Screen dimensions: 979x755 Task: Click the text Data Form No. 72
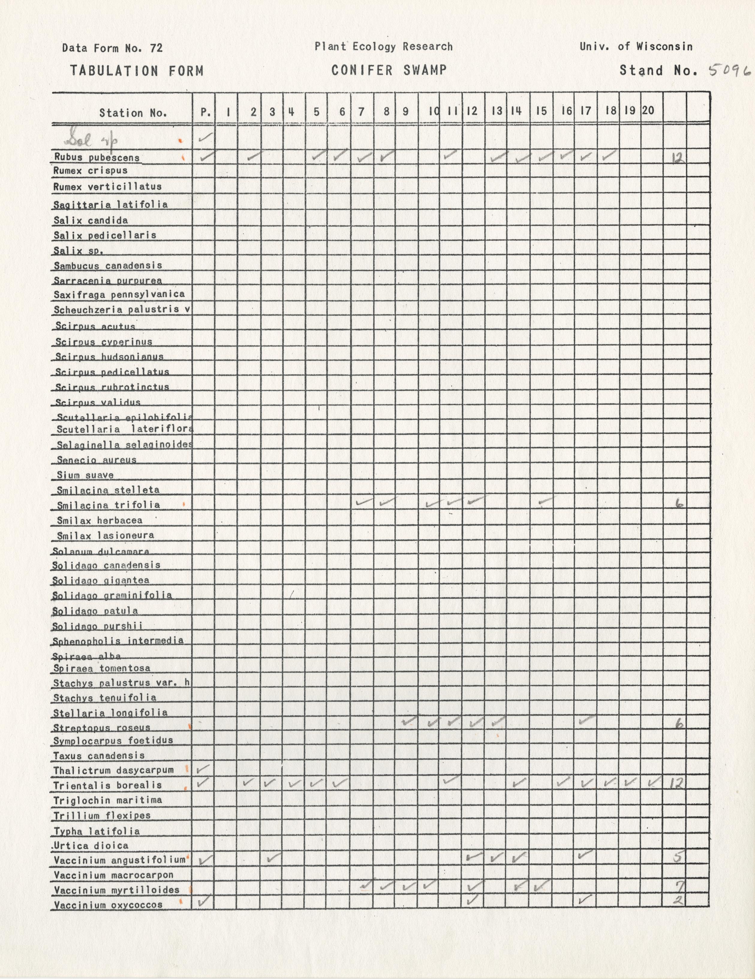112,48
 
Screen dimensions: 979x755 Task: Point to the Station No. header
133,113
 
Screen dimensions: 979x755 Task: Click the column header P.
205,112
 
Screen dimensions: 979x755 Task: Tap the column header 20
648,110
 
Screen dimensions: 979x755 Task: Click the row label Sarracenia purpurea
108,281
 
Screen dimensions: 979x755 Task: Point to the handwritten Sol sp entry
92,140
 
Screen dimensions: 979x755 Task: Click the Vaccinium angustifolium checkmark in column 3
273,858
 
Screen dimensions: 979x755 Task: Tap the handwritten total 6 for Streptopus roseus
679,724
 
